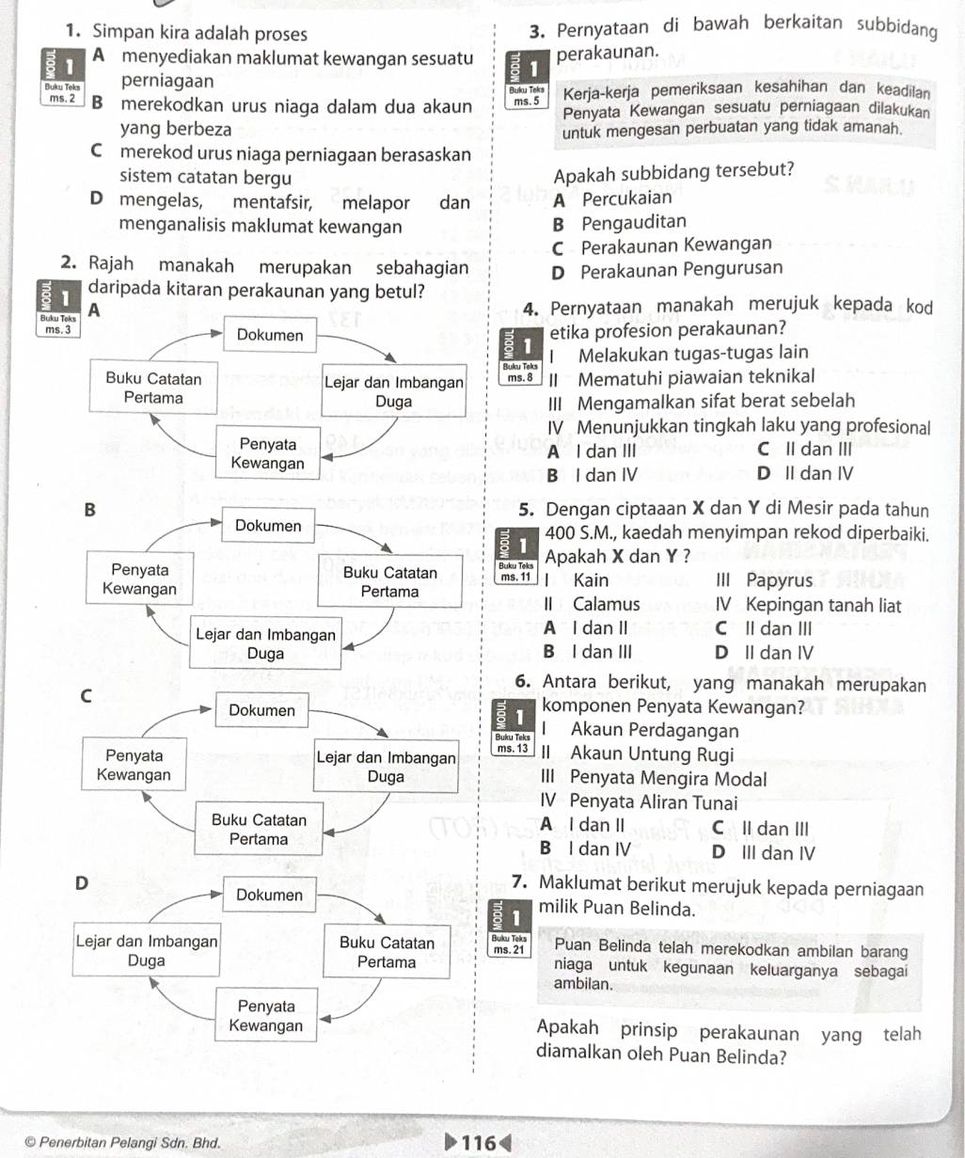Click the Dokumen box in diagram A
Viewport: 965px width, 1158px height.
(270, 336)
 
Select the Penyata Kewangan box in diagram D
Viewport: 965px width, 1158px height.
(265, 1016)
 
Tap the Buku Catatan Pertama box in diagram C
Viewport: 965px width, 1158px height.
(259, 830)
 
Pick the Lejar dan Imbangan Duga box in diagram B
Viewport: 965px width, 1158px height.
(266, 644)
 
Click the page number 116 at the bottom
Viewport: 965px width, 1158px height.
(480, 1142)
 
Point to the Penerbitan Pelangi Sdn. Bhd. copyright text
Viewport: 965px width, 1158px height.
(123, 1144)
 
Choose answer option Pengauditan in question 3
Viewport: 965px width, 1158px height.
(633, 223)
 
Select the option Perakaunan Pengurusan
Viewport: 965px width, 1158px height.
(681, 269)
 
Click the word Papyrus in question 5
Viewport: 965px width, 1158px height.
(779, 580)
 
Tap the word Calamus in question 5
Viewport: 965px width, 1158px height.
(607, 605)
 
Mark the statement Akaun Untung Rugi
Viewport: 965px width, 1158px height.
(639, 754)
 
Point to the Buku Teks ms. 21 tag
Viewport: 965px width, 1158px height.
(508, 944)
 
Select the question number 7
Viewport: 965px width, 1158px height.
(520, 884)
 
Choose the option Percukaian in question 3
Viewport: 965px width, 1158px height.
(626, 198)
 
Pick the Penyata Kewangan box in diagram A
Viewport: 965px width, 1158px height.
(268, 453)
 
